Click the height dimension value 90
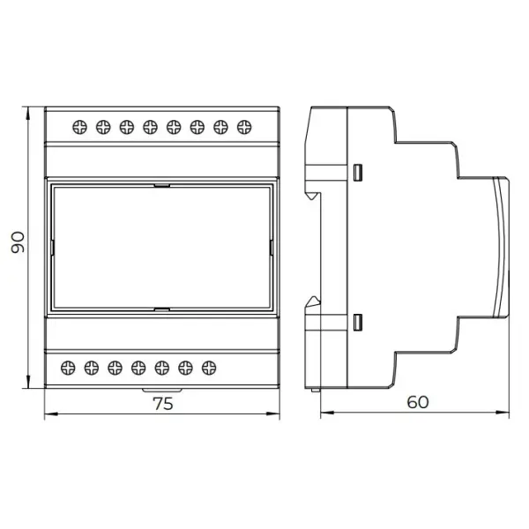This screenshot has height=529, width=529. (x=18, y=242)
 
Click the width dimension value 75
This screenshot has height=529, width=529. (x=163, y=404)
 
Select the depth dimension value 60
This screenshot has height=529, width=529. (x=418, y=402)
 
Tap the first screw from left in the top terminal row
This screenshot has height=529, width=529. (x=79, y=127)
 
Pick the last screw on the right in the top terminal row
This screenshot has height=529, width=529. (x=244, y=127)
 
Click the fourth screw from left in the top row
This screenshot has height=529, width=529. (x=150, y=127)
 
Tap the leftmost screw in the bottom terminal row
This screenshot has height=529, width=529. (x=68, y=368)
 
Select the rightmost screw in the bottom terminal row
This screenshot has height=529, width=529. (x=209, y=368)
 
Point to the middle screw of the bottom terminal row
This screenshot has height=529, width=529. (x=138, y=368)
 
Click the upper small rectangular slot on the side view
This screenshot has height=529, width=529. (x=358, y=173)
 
